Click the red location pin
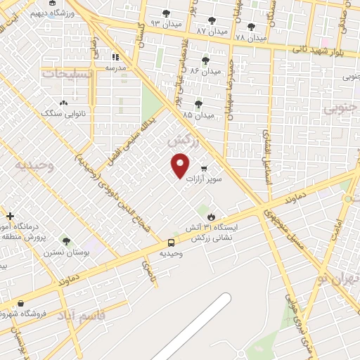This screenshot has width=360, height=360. pos(181,165)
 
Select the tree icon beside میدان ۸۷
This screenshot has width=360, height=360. pos(212,20)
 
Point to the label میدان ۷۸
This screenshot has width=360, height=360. pos(251,37)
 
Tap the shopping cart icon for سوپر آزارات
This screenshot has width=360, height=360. pos(204,168)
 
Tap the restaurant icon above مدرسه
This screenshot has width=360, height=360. pos(114,57)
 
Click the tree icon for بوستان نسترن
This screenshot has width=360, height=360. pos(66,241)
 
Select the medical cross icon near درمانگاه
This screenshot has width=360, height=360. pos(10,215)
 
